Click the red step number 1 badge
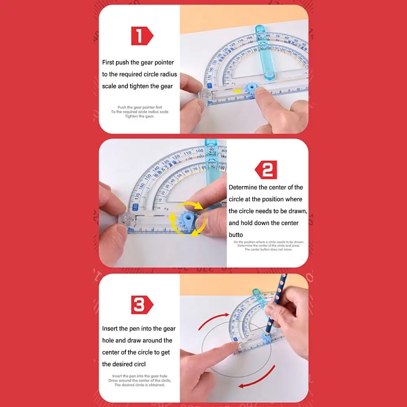point(142,36)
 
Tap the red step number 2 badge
point(266,170)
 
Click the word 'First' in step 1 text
point(108,62)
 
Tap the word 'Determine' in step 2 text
point(243,187)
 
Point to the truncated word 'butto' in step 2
point(236,234)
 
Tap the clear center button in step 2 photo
point(127,220)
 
